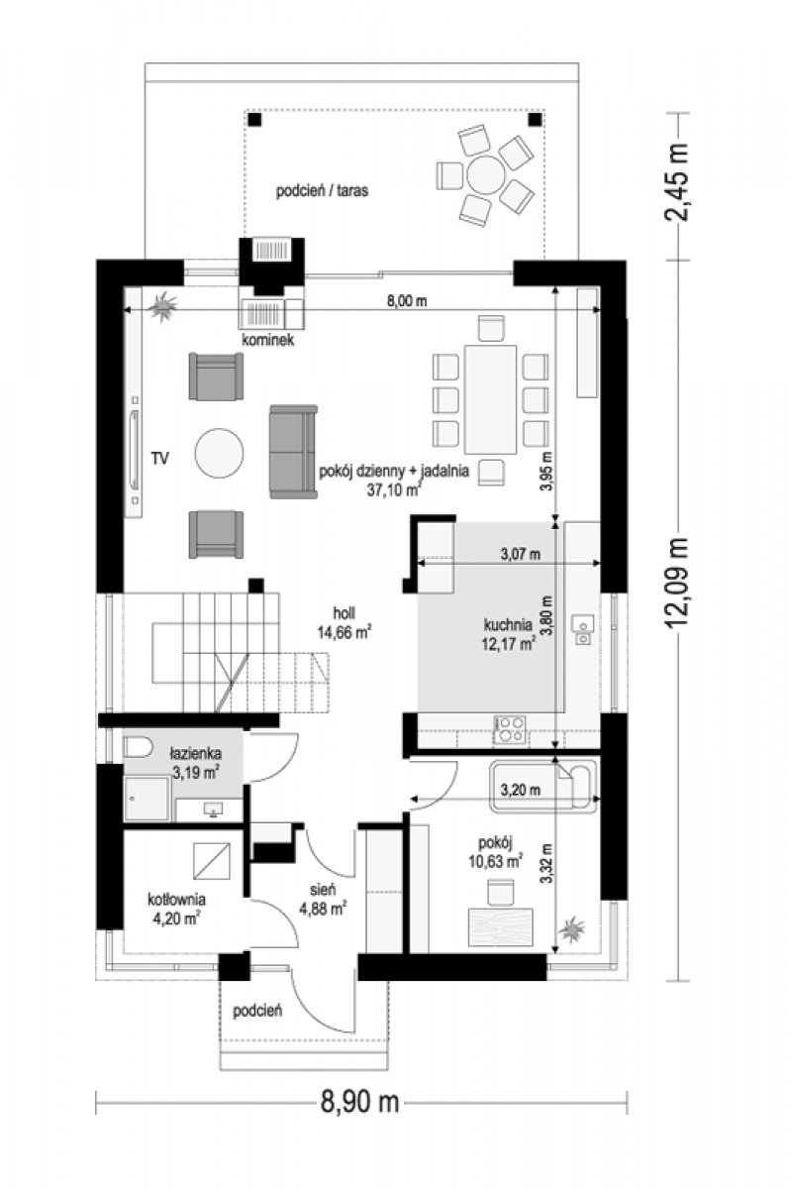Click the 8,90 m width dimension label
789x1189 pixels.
pyautogui.click(x=359, y=1103)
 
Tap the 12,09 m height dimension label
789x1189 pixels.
pyautogui.click(x=676, y=584)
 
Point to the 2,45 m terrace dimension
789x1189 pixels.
pyautogui.click(x=676, y=182)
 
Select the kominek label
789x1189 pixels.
pyautogui.click(x=267, y=340)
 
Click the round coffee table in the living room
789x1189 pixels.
pyautogui.click(x=219, y=453)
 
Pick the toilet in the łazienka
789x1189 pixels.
pyautogui.click(x=138, y=747)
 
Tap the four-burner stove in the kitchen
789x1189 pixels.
pyautogui.click(x=510, y=729)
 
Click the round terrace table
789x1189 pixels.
pyautogui.click(x=486, y=175)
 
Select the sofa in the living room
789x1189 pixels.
pyautogui.click(x=293, y=452)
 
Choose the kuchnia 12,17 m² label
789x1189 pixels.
pyautogui.click(x=508, y=634)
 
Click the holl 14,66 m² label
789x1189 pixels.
pyautogui.click(x=345, y=623)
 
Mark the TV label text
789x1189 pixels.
pyautogui.click(x=160, y=458)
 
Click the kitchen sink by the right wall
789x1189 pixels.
pyautogui.click(x=583, y=630)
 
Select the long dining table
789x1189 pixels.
pyautogui.click(x=490, y=399)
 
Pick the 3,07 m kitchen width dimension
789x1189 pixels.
pyautogui.click(x=521, y=554)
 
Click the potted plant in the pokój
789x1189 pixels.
pyautogui.click(x=571, y=929)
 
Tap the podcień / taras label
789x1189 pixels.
pyautogui.click(x=322, y=190)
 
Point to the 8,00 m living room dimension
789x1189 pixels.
pyautogui.click(x=407, y=301)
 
